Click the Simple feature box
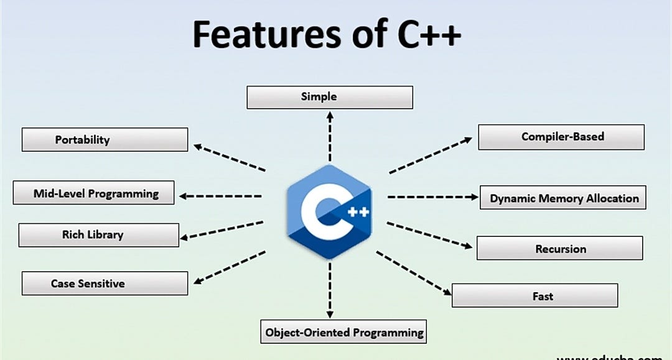pyautogui.click(x=329, y=97)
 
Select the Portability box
pyautogui.click(x=105, y=140)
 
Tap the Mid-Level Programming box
pyautogui.click(x=94, y=193)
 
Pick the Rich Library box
pyautogui.click(x=98, y=235)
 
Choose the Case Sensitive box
pyautogui.click(x=105, y=284)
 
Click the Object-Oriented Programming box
pyautogui.click(x=344, y=332)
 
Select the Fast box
pyautogui.click(x=534, y=296)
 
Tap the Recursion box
pyautogui.click(x=559, y=249)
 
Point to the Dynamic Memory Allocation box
pyautogui.click(x=563, y=198)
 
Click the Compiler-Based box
pyautogui.click(x=561, y=137)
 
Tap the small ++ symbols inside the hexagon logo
pyautogui.click(x=358, y=212)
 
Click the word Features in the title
pyautogui.click(x=261, y=34)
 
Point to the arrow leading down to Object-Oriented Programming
pyautogui.click(x=330, y=289)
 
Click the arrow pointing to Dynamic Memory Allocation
pyautogui.click(x=432, y=197)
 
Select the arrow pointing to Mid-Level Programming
pyautogui.click(x=221, y=196)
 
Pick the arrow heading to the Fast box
pyautogui.click(x=414, y=273)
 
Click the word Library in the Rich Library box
pyautogui.click(x=106, y=235)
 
